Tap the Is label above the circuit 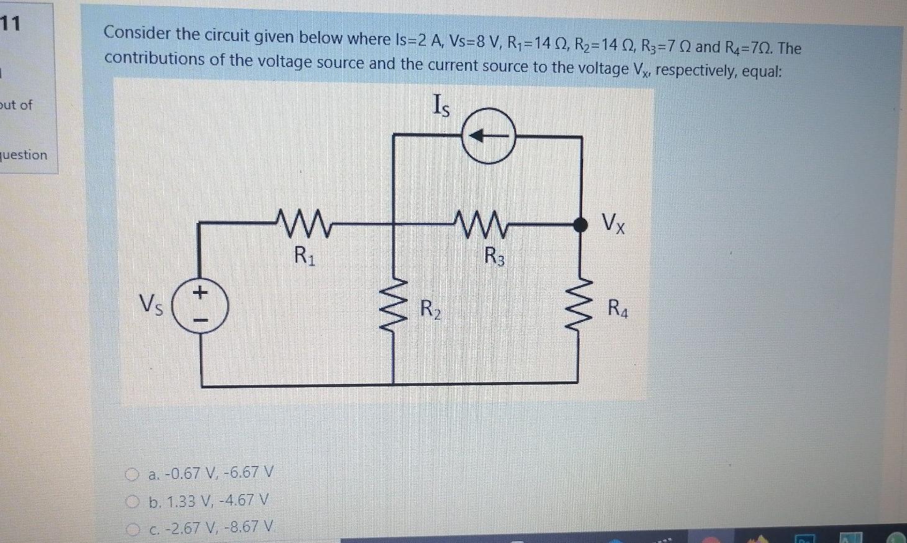[441, 106]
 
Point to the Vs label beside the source [151, 305]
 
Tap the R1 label [304, 255]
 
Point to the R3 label [495, 255]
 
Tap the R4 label [618, 308]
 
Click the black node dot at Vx [580, 225]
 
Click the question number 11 [11, 24]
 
